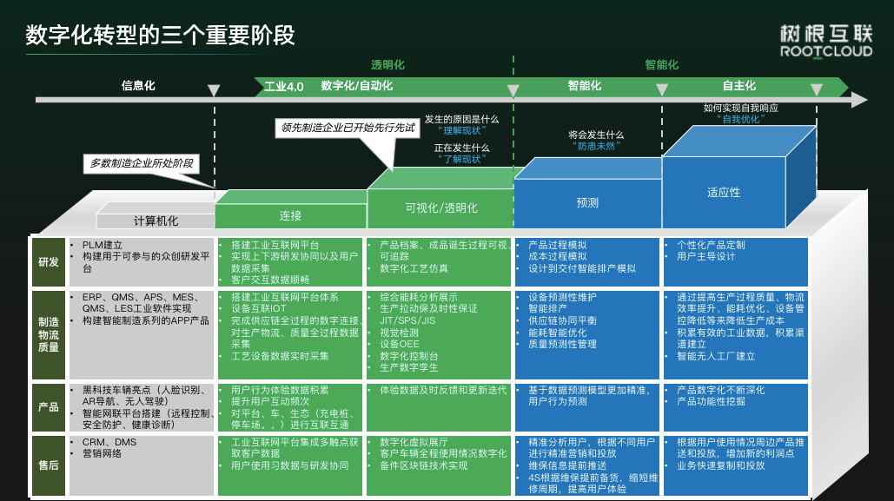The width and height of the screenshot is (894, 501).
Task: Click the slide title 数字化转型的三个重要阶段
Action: coord(161,35)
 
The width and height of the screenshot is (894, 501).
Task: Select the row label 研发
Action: coord(49,262)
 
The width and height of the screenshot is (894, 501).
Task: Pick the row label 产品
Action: coord(49,407)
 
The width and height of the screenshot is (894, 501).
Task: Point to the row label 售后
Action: coord(49,465)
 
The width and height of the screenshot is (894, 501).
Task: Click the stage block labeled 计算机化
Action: coord(156,221)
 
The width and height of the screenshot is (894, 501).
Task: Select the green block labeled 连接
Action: coord(290,215)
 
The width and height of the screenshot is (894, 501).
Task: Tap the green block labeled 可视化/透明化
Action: coord(440,208)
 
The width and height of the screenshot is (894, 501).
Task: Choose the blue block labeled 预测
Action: coord(587,202)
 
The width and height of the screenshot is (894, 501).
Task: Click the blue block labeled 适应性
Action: coord(723,193)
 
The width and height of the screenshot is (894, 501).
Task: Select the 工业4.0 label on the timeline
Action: coord(284,87)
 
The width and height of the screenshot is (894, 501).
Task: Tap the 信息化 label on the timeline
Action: coord(138,86)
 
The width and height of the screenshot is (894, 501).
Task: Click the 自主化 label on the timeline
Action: coord(739,86)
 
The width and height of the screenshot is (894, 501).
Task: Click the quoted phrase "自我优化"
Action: coord(740,120)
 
